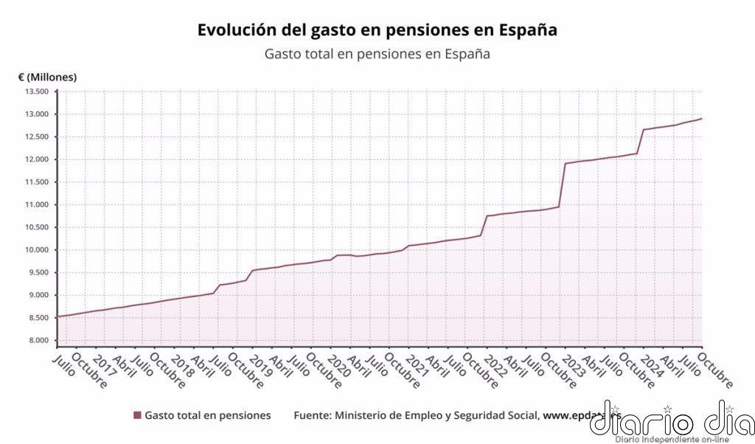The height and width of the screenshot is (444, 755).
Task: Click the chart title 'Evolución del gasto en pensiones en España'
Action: (x=377, y=30)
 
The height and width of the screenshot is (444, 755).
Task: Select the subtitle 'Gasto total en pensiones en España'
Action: (x=377, y=54)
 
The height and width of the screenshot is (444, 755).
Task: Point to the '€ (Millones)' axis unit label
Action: (x=48, y=77)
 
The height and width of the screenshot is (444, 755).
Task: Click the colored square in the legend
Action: (x=137, y=416)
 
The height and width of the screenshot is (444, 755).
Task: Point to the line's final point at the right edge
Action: (x=701, y=119)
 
